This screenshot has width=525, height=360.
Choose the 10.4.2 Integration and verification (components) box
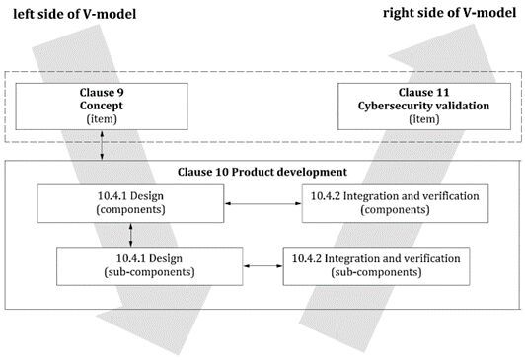pyautogui.click(x=393, y=203)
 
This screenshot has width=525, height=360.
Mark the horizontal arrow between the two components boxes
pyautogui.click(x=263, y=204)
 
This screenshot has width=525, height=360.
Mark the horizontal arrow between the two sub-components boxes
pyautogui.click(x=262, y=265)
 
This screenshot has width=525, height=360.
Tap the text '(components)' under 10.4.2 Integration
pyautogui.click(x=393, y=211)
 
